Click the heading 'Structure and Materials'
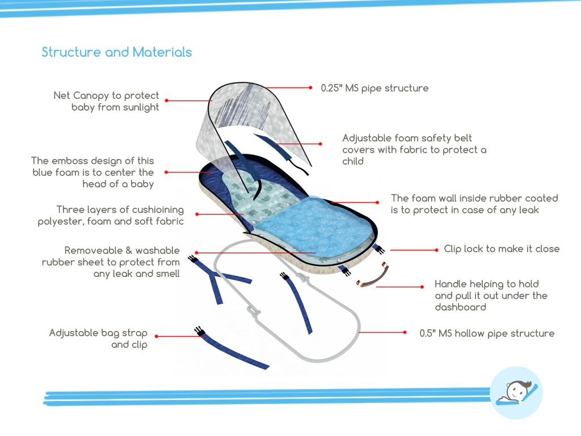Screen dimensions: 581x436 pyautogui.click(x=116, y=52)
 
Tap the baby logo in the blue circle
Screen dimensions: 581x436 pyautogui.click(x=516, y=392)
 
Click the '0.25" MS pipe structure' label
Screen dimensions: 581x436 pyautogui.click(x=374, y=88)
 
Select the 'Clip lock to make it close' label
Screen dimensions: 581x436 pyautogui.click(x=502, y=249)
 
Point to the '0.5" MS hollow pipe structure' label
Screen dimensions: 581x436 pyautogui.click(x=487, y=333)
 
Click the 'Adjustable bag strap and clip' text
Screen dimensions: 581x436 pyautogui.click(x=98, y=338)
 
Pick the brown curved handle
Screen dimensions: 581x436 pyautogui.click(x=373, y=276)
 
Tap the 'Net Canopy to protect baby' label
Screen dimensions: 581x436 pyautogui.click(x=107, y=101)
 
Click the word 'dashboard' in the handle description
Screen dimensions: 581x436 pyautogui.click(x=460, y=307)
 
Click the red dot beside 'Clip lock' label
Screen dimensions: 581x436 pyautogui.click(x=436, y=249)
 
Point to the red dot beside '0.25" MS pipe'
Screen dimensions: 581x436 pyautogui.click(x=310, y=88)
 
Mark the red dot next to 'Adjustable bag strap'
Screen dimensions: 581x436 pyautogui.click(x=156, y=336)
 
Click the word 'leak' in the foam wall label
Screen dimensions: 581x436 pyautogui.click(x=527, y=210)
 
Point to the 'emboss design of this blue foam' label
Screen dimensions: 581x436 pyautogui.click(x=92, y=172)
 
